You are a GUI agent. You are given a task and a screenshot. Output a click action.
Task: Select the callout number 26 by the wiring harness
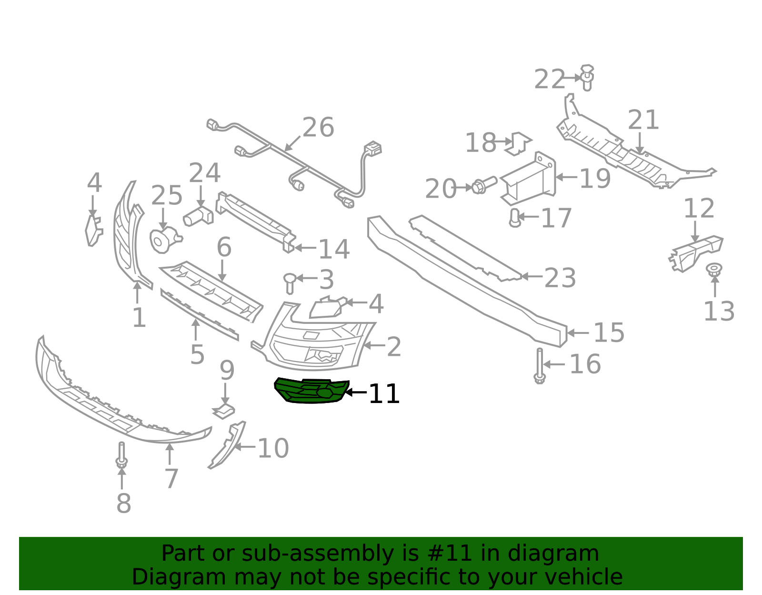318,127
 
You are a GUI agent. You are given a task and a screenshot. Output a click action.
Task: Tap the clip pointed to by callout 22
587,78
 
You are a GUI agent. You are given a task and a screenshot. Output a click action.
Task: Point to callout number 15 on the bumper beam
609,333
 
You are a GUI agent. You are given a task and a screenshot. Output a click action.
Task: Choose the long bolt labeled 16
540,366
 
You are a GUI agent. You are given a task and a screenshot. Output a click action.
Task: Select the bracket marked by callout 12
696,253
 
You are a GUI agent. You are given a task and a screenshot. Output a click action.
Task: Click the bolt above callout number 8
121,455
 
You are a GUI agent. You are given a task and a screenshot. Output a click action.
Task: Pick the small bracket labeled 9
224,411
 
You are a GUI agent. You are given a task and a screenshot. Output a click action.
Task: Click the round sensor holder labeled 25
165,240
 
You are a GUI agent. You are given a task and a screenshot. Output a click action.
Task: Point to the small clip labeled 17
515,218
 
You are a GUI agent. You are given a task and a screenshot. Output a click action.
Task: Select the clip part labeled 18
518,143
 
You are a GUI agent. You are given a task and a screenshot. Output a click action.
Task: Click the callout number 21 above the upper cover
643,120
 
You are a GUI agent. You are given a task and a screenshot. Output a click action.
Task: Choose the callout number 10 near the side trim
273,448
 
